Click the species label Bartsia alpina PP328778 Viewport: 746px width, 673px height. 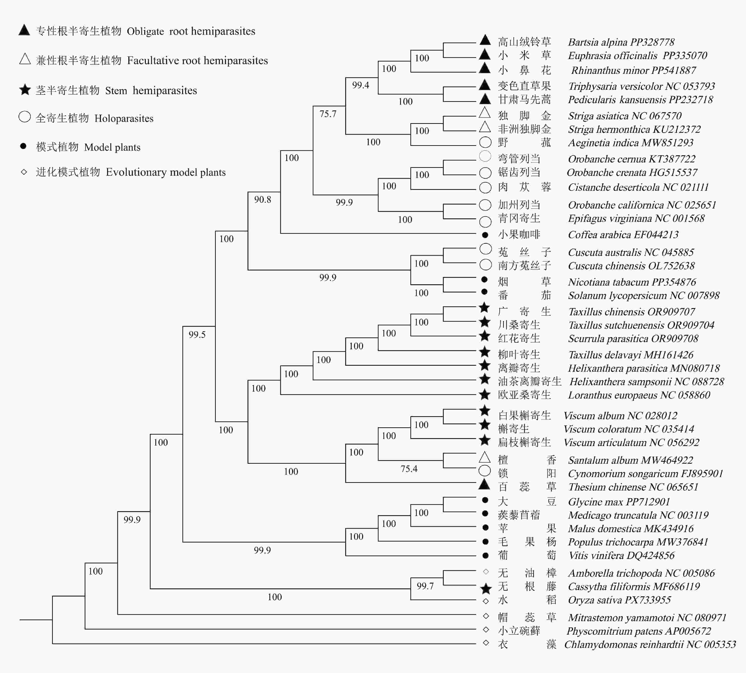click(621, 42)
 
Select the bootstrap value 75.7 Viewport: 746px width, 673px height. click(328, 114)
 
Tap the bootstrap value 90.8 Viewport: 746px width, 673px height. click(262, 200)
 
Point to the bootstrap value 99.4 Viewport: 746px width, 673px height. click(360, 85)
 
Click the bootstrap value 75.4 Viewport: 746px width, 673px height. click(409, 469)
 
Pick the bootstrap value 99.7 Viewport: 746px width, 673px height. click(425, 586)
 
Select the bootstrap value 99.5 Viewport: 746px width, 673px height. click(197, 335)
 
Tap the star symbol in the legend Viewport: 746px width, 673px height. click(25, 90)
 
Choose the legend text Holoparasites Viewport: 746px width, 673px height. click(124, 118)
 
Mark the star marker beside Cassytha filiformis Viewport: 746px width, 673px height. click(486, 588)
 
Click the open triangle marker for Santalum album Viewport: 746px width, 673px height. click(485, 458)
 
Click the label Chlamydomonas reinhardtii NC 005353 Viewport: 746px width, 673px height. click(650, 645)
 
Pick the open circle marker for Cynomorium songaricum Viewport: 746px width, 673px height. click(485, 471)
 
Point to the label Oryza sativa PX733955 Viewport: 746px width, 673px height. click(619, 600)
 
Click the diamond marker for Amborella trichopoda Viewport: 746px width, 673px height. click(486, 572)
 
